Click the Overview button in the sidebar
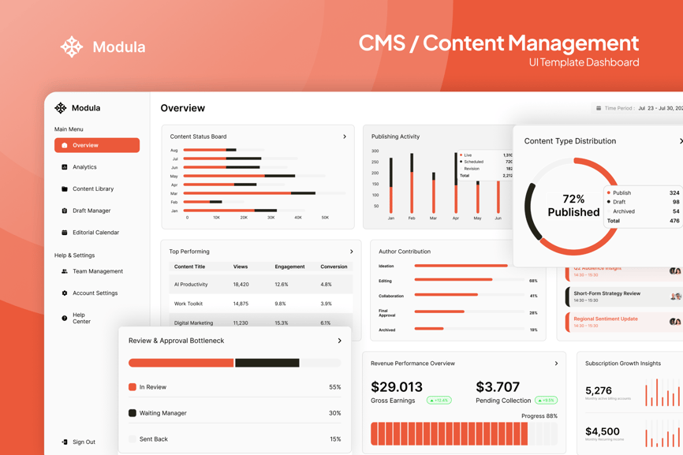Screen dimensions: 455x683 pos(96,145)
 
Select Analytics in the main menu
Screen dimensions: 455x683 pos(84,167)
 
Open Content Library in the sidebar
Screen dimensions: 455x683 pos(92,189)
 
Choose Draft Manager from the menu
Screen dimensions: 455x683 pos(91,211)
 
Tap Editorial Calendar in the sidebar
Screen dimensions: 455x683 pos(95,233)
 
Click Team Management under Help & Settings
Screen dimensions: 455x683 pos(97,271)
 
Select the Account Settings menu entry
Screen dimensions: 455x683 pos(95,293)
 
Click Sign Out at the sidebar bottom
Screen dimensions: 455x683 pos(83,442)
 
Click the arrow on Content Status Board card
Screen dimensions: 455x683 pos(345,137)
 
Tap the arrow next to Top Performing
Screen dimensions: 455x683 pos(352,252)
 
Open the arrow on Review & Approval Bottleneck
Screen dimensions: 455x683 pos(340,341)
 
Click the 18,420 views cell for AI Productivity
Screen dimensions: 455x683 pos(241,285)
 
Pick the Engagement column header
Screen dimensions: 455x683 pos(289,267)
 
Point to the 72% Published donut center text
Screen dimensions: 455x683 pos(573,206)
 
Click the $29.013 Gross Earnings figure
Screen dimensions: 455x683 pos(397,387)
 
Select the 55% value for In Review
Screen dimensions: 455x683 pos(334,387)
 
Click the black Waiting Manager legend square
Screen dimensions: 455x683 pos(132,413)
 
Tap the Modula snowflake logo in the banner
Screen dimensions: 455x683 pos(72,47)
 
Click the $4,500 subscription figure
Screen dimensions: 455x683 pos(603,431)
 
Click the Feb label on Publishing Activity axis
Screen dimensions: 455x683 pos(412,218)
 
